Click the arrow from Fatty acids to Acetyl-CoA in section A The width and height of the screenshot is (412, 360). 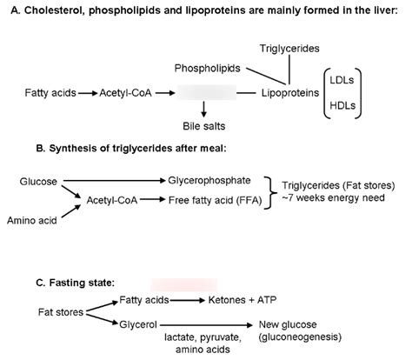click(x=87, y=90)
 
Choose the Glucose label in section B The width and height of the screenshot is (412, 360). click(x=38, y=181)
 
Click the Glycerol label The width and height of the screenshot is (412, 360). click(x=137, y=323)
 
